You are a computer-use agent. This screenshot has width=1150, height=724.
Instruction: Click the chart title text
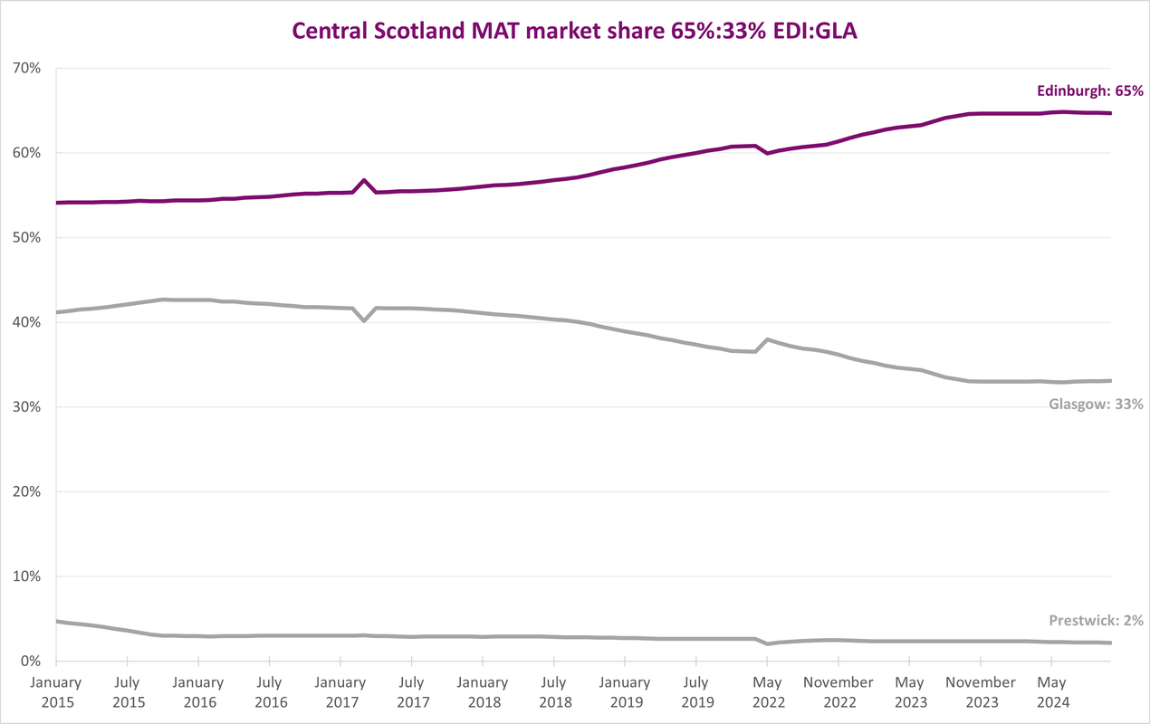point(574,31)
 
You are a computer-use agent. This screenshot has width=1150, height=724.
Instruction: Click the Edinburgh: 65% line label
point(1090,90)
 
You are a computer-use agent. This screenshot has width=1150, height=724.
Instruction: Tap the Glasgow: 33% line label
point(1096,405)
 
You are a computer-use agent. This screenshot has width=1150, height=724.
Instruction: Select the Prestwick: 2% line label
point(1096,620)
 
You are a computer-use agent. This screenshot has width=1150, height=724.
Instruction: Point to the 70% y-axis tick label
point(26,68)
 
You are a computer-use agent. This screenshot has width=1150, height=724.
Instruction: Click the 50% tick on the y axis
point(26,238)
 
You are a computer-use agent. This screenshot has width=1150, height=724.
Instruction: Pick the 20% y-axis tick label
point(26,491)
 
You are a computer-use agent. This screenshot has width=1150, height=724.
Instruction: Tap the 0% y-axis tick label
point(31,661)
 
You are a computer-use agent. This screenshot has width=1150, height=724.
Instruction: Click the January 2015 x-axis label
point(56,692)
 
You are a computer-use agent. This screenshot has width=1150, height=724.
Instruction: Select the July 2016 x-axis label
point(270,692)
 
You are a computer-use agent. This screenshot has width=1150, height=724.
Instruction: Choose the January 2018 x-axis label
point(483,692)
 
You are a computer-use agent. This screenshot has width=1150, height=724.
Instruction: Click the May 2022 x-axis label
point(768,692)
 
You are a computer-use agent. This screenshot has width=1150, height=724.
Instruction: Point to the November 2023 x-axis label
point(981,692)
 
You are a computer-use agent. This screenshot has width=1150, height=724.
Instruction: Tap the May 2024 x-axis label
point(1052,692)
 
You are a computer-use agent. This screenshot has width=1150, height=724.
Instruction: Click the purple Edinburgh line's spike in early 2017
point(364,180)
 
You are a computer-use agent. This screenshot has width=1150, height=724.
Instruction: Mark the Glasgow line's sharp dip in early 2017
point(364,320)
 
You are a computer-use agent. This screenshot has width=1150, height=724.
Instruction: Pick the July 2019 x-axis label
point(696,692)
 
